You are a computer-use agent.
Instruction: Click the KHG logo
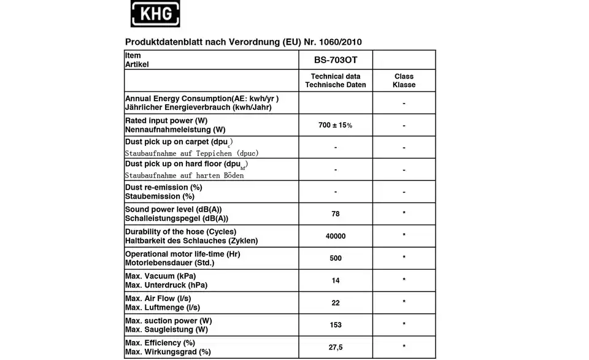tap(155, 13)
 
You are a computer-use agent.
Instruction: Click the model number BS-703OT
tap(336, 60)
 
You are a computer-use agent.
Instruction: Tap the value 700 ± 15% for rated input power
tap(336, 125)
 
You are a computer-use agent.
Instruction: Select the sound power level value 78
tap(336, 214)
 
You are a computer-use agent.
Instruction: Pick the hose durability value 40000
tap(336, 236)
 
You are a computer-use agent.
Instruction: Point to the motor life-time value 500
tap(336, 258)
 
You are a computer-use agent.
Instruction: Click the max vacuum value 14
tap(336, 280)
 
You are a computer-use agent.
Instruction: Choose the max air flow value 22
tap(336, 303)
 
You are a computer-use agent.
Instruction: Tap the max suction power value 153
tap(336, 325)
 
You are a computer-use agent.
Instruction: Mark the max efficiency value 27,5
tap(336, 347)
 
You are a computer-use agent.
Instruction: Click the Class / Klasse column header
tap(404, 81)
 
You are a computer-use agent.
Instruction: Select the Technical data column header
tap(336, 81)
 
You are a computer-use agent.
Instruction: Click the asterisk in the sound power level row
tap(404, 214)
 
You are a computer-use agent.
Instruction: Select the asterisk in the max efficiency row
tap(404, 348)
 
